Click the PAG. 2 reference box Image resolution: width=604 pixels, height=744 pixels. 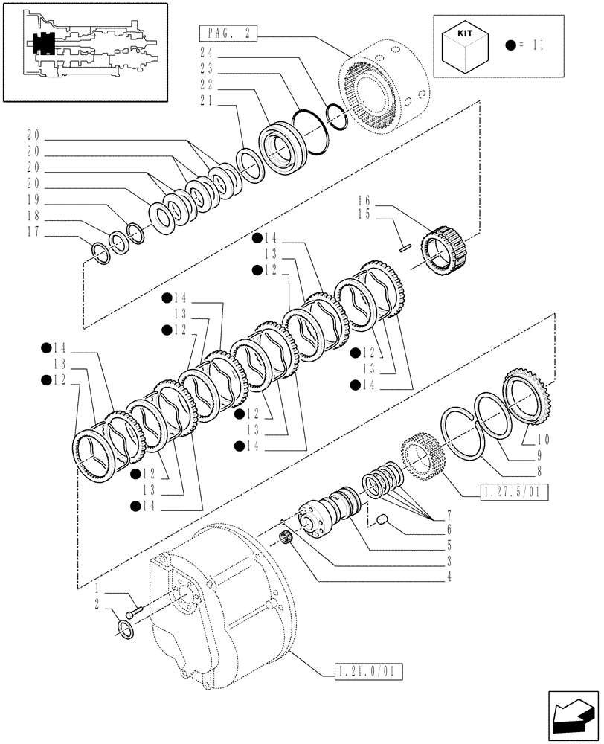[228, 33]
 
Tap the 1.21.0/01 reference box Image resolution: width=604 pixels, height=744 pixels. [364, 672]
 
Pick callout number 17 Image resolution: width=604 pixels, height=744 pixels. [32, 231]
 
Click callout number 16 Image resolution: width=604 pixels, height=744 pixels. [364, 201]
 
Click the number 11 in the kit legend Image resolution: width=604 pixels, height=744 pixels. [539, 45]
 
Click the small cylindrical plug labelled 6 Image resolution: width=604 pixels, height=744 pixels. [381, 518]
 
